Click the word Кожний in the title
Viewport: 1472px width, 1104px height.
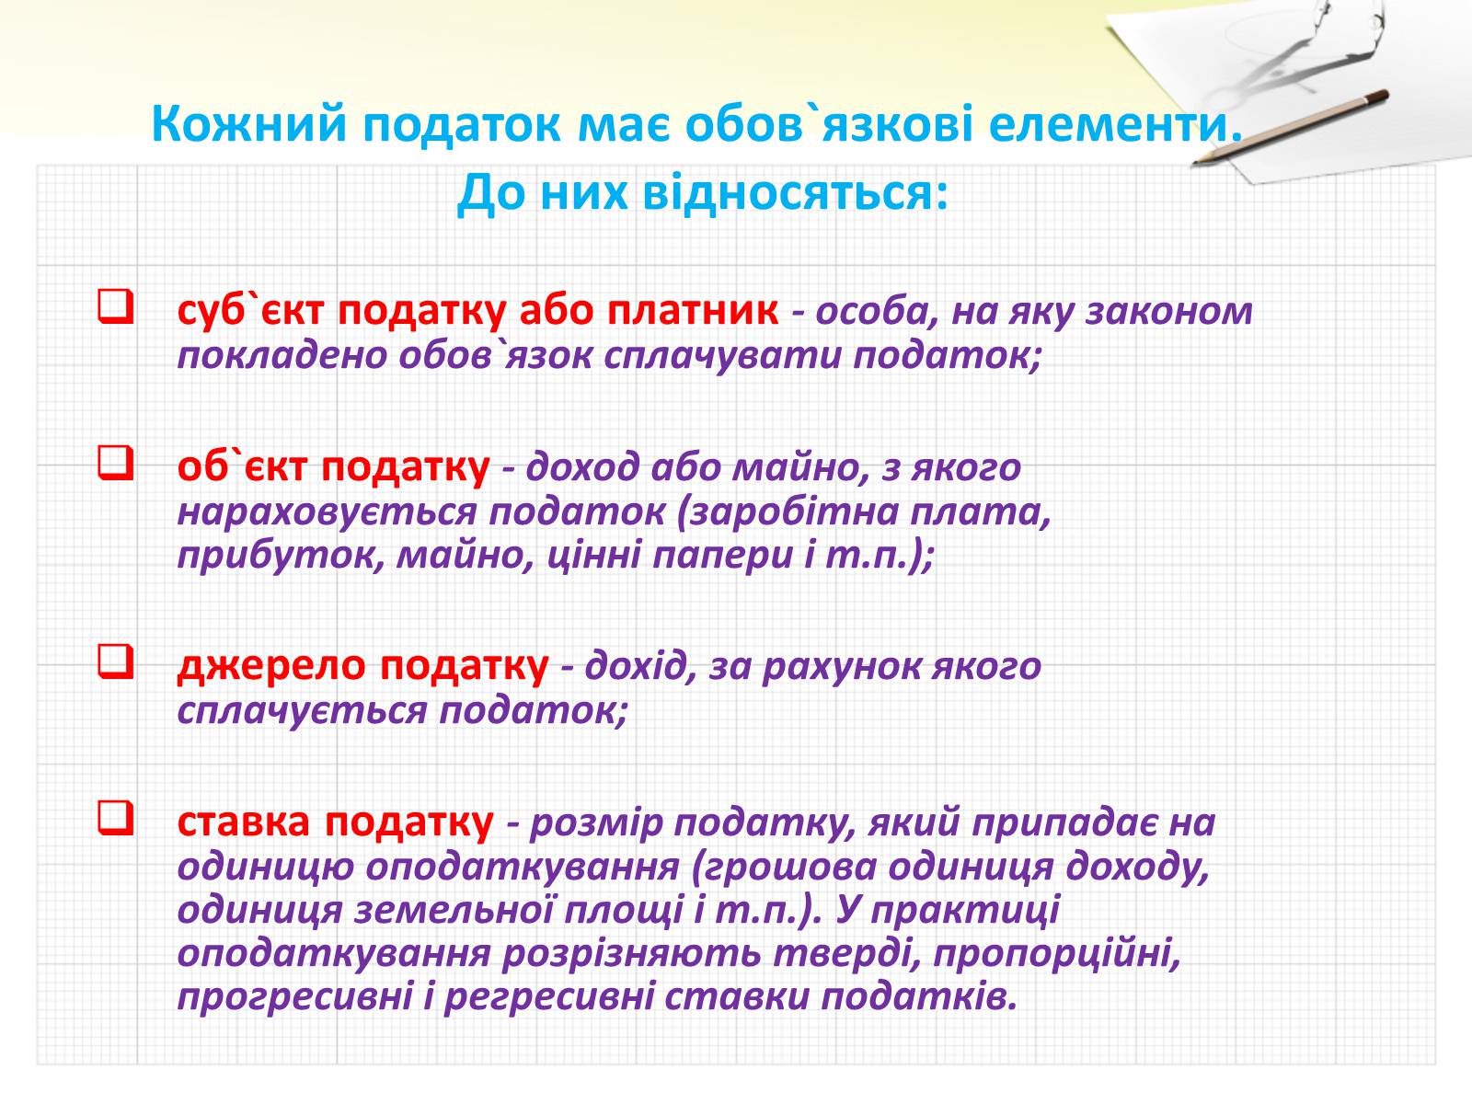tap(248, 123)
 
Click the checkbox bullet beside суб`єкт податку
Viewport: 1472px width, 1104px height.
tap(115, 306)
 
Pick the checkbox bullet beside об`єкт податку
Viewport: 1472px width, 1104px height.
tap(115, 463)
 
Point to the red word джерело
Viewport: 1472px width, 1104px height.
tap(271, 668)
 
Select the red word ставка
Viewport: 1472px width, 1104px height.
tap(244, 822)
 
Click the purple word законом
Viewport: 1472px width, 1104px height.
tap(1169, 312)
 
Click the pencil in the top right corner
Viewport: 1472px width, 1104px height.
tap(1290, 127)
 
